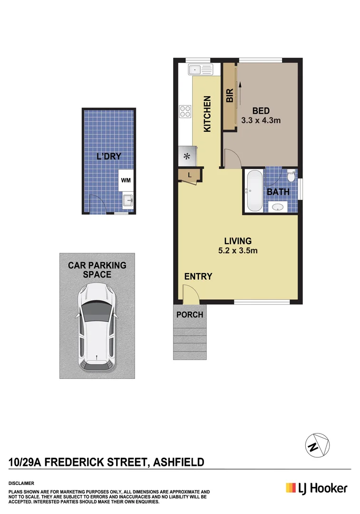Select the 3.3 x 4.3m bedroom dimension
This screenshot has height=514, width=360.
[x=261, y=120]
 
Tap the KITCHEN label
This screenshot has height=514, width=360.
[x=207, y=114]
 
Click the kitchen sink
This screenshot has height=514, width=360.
[x=200, y=70]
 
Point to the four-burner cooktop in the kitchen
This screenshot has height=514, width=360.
[x=185, y=111]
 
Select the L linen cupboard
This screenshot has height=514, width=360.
[x=190, y=175]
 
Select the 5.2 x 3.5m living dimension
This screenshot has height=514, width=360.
[x=238, y=250]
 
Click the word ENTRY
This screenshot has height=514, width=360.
[x=198, y=277]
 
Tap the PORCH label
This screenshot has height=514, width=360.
[x=190, y=315]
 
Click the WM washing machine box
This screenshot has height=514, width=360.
[x=126, y=180]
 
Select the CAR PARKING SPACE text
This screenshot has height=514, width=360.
[x=97, y=269]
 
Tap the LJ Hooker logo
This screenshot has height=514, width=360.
[x=316, y=488]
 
